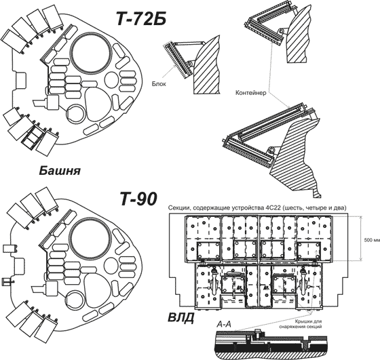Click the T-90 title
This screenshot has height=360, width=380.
[138, 199]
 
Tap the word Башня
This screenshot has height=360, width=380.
[60, 171]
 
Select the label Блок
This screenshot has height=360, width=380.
[159, 84]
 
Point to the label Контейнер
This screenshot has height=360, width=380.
[251, 92]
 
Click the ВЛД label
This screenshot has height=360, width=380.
[180, 317]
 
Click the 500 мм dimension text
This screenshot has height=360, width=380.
[372, 240]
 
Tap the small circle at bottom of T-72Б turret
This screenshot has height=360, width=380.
[75, 113]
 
